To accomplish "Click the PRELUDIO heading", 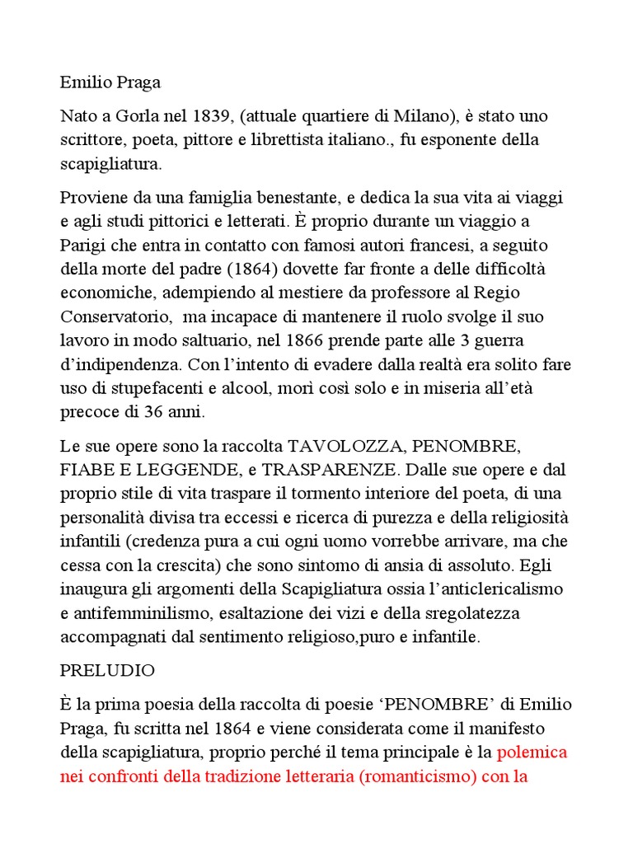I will pos(107,671).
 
